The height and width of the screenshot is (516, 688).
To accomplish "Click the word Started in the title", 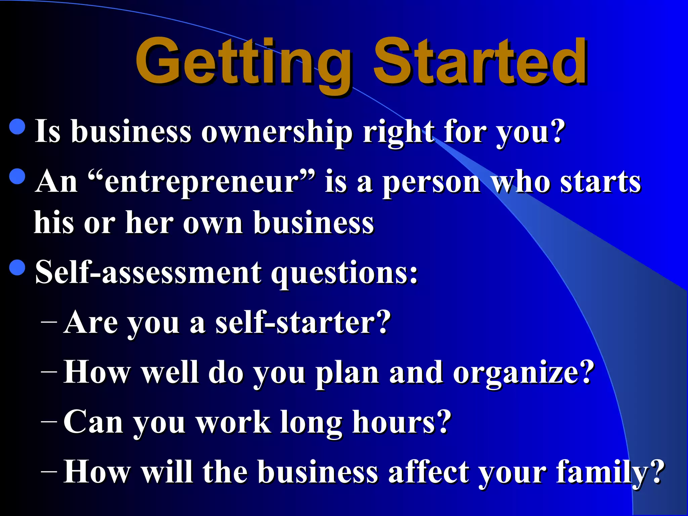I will [480, 62].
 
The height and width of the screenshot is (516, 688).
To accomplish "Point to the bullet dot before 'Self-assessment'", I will [17, 267].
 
